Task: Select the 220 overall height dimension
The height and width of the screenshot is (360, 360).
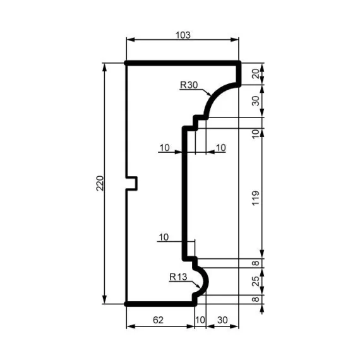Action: [100, 183]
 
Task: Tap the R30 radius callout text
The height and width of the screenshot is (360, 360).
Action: [189, 85]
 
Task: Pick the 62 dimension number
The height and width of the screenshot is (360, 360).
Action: [159, 320]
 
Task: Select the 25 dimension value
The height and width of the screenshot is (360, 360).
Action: [255, 280]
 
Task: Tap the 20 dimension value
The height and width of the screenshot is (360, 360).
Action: [255, 74]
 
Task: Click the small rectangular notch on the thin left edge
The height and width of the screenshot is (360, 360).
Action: [133, 183]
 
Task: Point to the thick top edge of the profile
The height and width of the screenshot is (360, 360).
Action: [183, 63]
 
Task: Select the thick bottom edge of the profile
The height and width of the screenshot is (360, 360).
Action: [160, 304]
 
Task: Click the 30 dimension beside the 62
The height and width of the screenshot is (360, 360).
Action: [223, 320]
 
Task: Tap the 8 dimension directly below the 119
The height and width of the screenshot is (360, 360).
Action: [255, 262]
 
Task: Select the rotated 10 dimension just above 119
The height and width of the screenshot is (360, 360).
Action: [255, 133]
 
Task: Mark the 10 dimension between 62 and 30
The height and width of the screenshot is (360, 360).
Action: [201, 320]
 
